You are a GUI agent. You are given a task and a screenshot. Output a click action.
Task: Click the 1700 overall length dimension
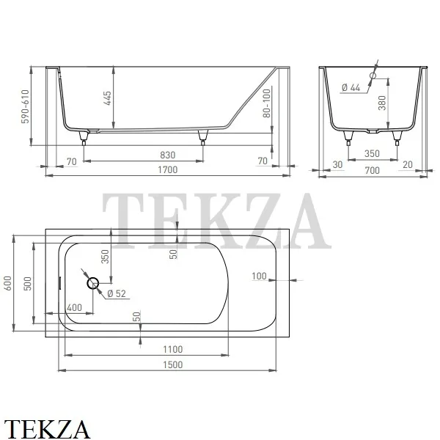(167, 170)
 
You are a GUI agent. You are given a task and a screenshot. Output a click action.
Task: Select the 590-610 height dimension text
(25, 106)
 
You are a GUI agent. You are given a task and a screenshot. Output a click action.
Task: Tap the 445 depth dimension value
(108, 98)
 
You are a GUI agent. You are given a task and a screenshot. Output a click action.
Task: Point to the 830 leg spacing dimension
(167, 155)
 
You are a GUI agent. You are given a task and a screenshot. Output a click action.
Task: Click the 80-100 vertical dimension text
(267, 103)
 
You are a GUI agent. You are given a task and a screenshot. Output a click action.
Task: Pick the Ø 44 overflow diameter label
(351, 88)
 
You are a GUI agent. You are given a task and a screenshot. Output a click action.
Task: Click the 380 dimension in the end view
(382, 103)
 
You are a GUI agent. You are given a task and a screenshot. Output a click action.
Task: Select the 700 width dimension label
(372, 170)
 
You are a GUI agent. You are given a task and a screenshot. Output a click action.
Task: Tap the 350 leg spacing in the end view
(372, 153)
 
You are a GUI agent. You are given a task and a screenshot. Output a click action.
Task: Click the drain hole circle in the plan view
(92, 283)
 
